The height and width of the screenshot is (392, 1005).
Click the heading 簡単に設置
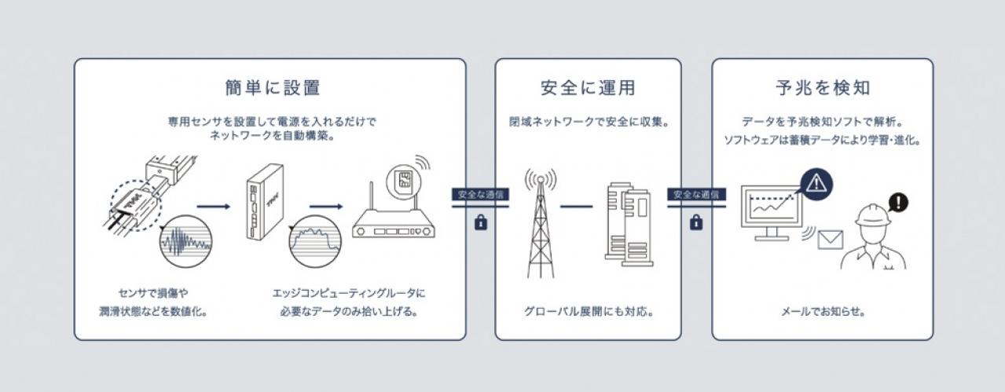point(273,87)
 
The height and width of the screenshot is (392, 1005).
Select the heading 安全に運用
point(588,87)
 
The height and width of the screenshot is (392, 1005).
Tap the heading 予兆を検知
point(823,87)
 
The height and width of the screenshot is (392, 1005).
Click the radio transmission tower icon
point(541,223)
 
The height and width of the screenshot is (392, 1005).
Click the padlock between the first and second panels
point(481,222)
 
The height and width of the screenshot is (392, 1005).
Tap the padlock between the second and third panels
point(696,222)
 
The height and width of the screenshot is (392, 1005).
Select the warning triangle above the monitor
point(816,184)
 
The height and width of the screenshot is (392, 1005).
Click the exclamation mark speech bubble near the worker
point(897,203)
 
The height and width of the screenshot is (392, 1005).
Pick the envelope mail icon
point(831,240)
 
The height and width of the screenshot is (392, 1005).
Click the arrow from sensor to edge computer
point(214,207)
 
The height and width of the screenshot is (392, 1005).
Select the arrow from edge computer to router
point(326,207)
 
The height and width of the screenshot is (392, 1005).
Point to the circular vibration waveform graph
point(185,243)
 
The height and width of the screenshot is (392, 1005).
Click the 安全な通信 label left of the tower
point(481,194)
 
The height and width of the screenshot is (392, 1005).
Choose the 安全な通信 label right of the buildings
point(696,194)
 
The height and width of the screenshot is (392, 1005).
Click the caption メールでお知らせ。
point(823,311)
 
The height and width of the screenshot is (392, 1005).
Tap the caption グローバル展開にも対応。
point(589,311)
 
